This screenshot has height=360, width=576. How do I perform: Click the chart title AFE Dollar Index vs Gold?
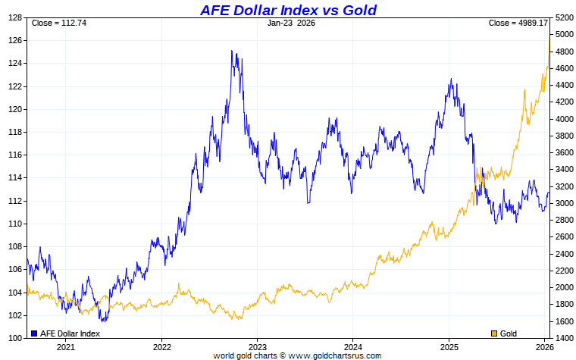(288, 10)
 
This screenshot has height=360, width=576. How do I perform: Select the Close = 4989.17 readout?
(518, 23)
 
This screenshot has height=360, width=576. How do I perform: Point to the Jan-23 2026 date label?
(291, 23)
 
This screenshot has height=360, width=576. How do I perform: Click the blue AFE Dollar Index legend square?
(33, 333)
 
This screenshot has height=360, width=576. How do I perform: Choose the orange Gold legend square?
(495, 333)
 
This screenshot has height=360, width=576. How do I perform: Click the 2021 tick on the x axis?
(66, 347)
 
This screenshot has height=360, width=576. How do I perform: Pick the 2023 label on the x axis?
(257, 347)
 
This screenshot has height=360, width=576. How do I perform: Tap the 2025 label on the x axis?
(448, 347)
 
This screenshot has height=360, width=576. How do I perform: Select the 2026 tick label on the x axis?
(543, 347)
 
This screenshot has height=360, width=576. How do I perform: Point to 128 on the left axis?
(14, 18)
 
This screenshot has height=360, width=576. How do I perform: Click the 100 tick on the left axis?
(14, 338)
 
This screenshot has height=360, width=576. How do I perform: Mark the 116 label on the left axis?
(14, 155)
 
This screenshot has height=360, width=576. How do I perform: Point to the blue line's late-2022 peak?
(233, 52)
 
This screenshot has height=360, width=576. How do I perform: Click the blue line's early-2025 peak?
(451, 79)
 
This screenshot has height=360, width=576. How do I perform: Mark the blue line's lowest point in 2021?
(100, 321)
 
